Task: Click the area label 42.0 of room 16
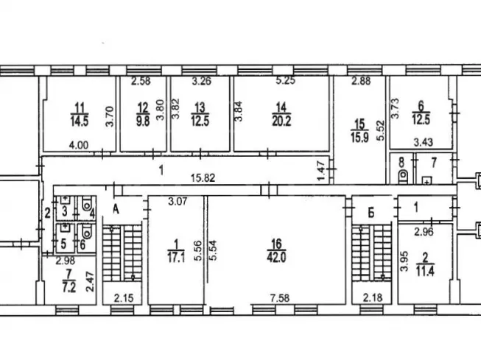coord(276,257)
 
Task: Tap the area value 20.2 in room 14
coord(281,121)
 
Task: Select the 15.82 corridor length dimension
coord(203,177)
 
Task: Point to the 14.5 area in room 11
coord(80,121)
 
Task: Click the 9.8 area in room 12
coord(143,121)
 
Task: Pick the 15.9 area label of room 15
coord(359,137)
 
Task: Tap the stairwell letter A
coord(116,209)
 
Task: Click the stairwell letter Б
coord(371,213)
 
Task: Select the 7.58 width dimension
coord(279,297)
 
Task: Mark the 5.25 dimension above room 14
coord(285,81)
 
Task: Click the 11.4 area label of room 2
coord(425,272)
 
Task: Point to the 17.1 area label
coord(176,258)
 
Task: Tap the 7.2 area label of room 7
coord(69,287)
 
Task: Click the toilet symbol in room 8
coord(404,177)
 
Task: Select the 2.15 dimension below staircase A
coord(124,297)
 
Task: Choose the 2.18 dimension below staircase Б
coord(373,297)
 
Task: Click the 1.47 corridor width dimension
coord(321,172)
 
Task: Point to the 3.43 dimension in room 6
coord(424,142)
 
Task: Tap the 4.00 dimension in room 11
coord(79,145)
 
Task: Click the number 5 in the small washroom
coord(63,244)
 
